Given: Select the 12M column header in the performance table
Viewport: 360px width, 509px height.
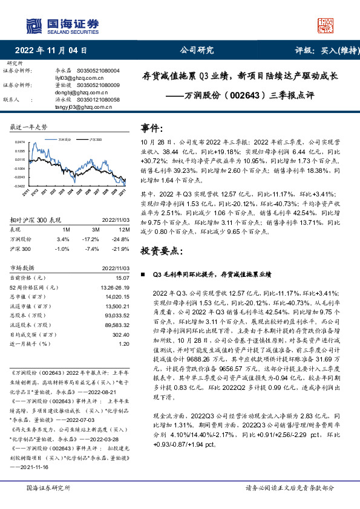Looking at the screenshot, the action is tap(123, 230).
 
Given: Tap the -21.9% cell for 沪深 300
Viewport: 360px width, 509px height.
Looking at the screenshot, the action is tap(122, 248).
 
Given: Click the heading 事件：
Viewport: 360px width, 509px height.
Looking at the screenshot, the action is tap(152, 128).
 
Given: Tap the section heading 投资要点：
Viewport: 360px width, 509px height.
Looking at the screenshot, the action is tap(161, 250).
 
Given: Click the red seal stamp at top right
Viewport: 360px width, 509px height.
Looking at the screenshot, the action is tap(325, 25).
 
